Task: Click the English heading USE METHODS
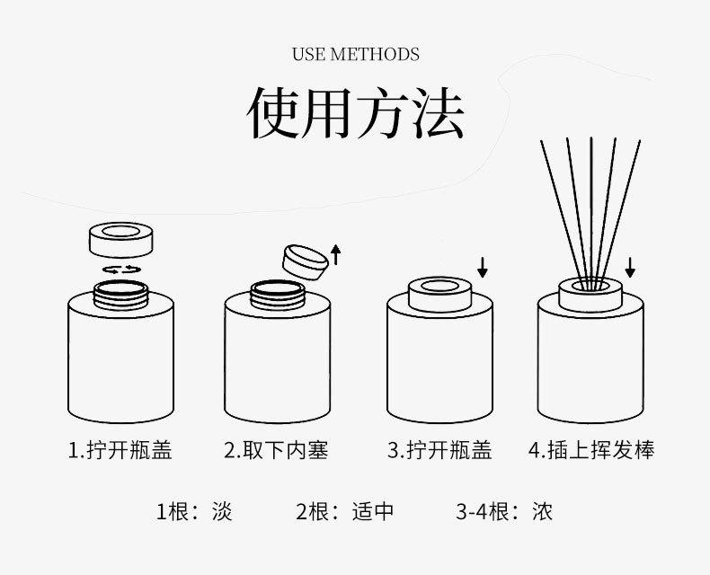[355, 55]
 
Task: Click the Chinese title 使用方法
[355, 114]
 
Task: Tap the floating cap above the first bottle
[121, 240]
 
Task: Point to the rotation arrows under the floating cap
[121, 269]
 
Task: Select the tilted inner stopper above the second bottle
[304, 259]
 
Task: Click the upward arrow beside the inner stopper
[336, 254]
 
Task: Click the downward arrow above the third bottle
[483, 266]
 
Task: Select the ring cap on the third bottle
[440, 294]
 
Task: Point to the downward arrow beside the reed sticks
[630, 266]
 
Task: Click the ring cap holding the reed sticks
[590, 294]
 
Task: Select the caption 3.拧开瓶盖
[439, 450]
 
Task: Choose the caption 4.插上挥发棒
[590, 450]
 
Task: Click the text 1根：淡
[194, 512]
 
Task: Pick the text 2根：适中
[345, 512]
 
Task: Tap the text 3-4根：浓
[504, 512]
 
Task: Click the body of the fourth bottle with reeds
[590, 368]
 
